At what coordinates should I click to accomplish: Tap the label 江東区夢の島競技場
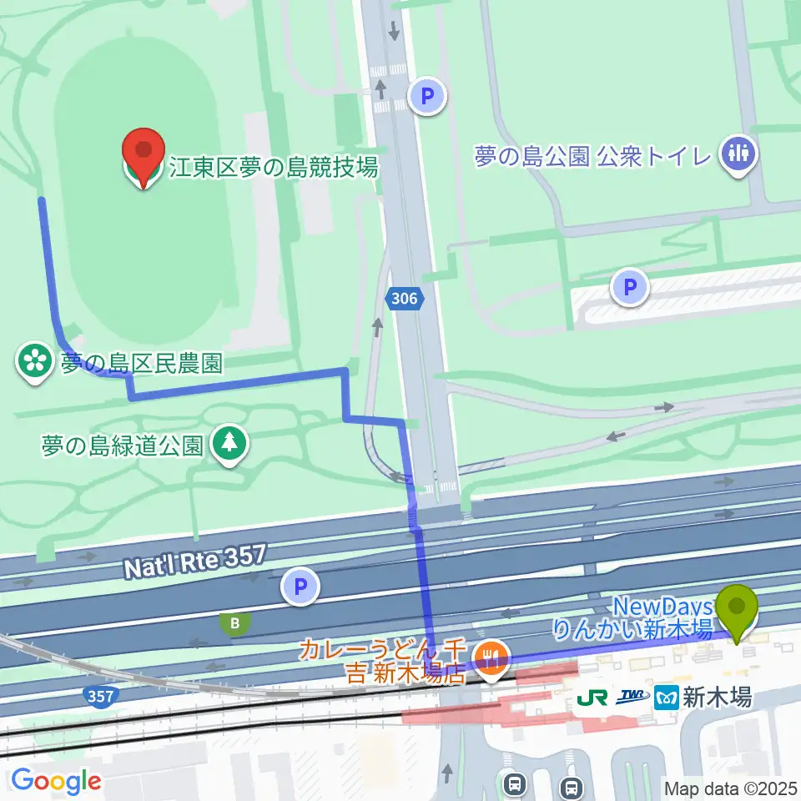[274, 168]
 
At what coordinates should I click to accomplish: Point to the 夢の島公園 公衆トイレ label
[592, 156]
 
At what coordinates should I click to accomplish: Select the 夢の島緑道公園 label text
[123, 445]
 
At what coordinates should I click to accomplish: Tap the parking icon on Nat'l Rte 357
[301, 587]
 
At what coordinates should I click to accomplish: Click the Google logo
[56, 781]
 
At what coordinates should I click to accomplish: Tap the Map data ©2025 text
[731, 788]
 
